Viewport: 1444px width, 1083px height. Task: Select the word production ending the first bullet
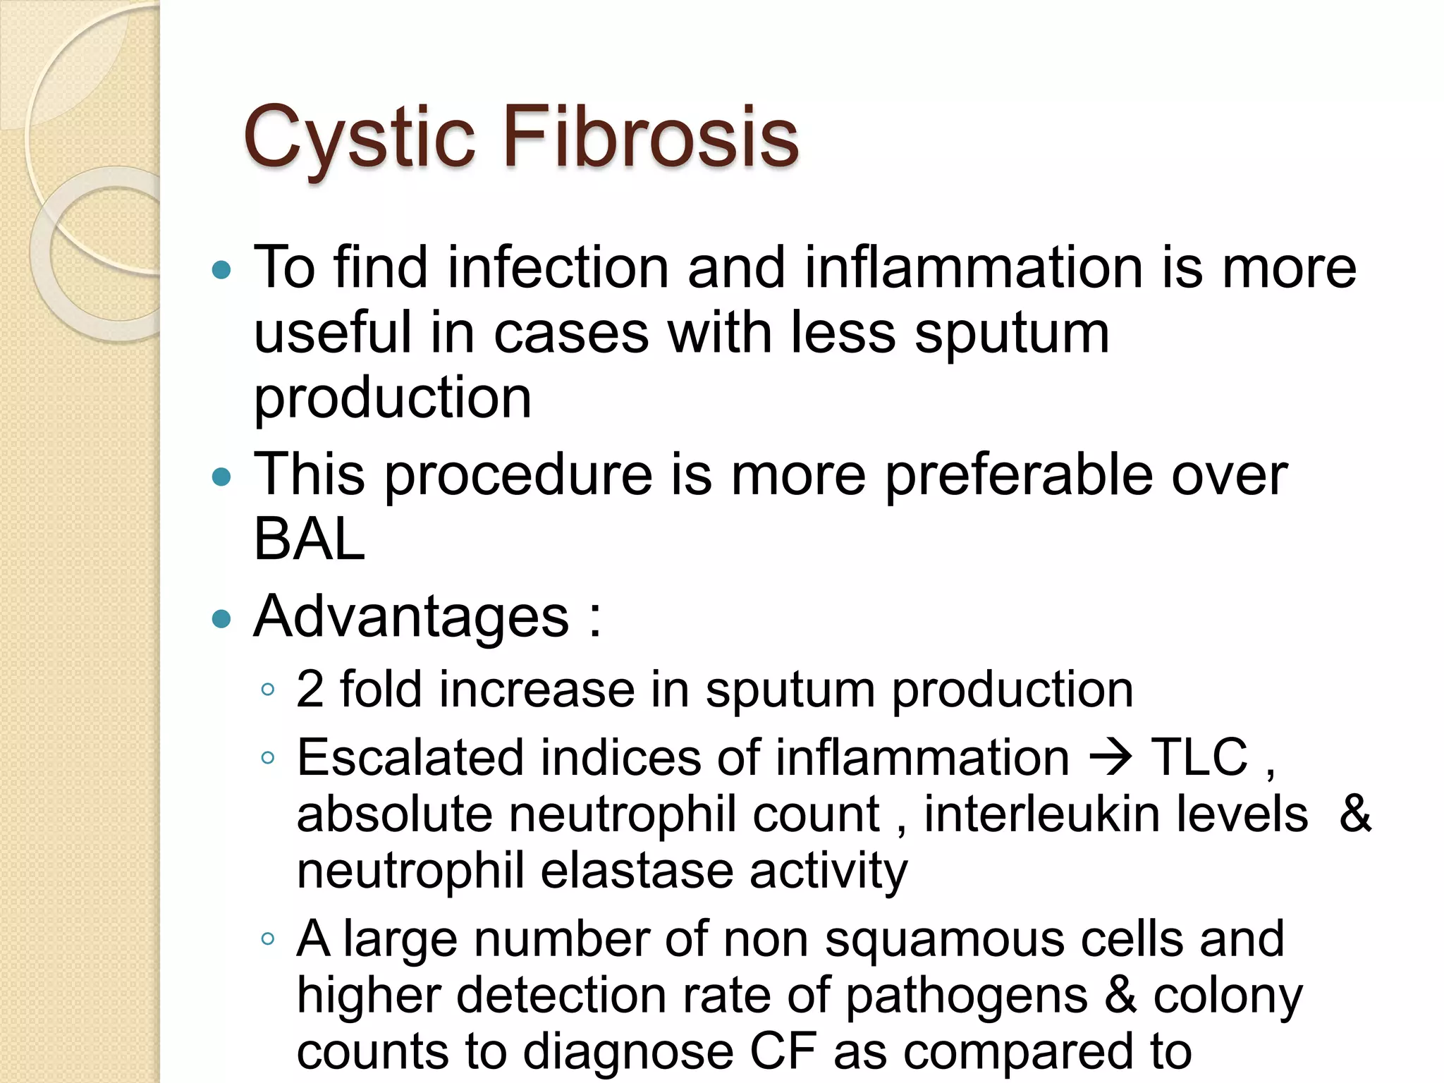[x=392, y=398]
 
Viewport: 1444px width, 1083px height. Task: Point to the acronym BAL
[x=309, y=540]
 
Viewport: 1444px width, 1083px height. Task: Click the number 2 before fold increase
[x=310, y=689]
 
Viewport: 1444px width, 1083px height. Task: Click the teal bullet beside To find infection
[x=221, y=270]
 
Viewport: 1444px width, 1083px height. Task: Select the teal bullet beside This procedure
[x=221, y=477]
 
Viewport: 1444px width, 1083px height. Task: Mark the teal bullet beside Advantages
[x=221, y=619]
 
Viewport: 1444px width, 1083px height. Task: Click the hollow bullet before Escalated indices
[x=267, y=759]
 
